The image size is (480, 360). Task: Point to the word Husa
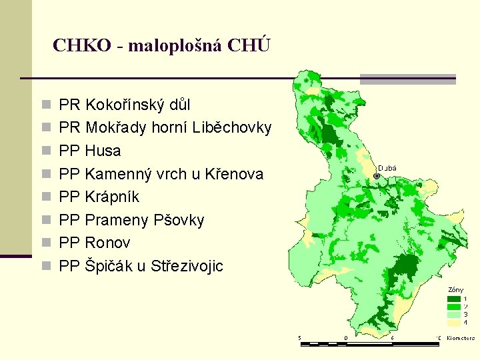103,151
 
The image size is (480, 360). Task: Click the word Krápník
113,197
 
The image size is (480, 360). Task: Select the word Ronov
108,243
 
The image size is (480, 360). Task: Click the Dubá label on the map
387,168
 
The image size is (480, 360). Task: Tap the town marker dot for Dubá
377,176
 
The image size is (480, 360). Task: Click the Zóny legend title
456,289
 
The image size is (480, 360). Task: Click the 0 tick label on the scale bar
345,338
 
